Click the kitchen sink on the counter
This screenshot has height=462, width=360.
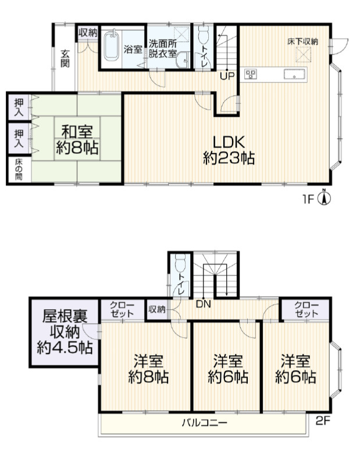294,74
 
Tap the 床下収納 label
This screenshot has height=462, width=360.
303,41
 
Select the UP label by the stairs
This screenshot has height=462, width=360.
227,76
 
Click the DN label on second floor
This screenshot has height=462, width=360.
204,305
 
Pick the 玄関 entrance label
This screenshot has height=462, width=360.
65,58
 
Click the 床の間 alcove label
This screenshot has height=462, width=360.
19,170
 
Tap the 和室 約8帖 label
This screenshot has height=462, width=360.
77,140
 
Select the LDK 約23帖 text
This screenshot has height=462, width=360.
229,150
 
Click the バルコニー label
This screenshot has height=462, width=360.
204,423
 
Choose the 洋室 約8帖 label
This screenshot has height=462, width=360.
148,369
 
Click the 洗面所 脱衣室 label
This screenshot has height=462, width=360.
162,49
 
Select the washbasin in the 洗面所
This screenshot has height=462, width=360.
183,60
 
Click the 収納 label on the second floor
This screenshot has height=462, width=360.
156,309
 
